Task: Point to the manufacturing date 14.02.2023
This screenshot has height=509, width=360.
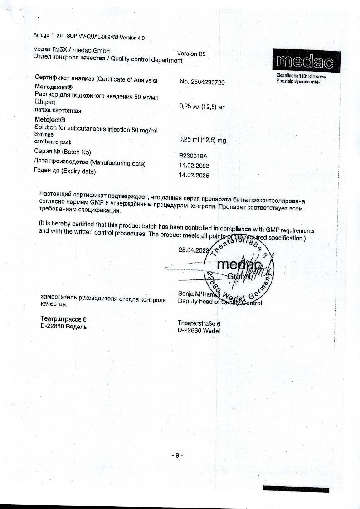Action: point(195,166)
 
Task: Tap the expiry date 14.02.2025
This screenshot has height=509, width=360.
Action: point(195,175)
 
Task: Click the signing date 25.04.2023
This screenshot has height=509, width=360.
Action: point(194,250)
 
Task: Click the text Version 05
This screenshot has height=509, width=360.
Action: point(191,54)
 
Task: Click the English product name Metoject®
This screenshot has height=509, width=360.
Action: point(50,120)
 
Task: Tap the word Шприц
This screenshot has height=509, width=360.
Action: point(44,102)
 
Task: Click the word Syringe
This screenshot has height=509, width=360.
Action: point(44,134)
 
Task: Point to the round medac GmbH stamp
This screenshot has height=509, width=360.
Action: point(238,271)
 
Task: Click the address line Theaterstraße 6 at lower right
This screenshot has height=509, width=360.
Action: point(199,323)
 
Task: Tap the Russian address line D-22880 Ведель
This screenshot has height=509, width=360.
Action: point(63,326)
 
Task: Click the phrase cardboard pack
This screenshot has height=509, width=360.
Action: point(53,142)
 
